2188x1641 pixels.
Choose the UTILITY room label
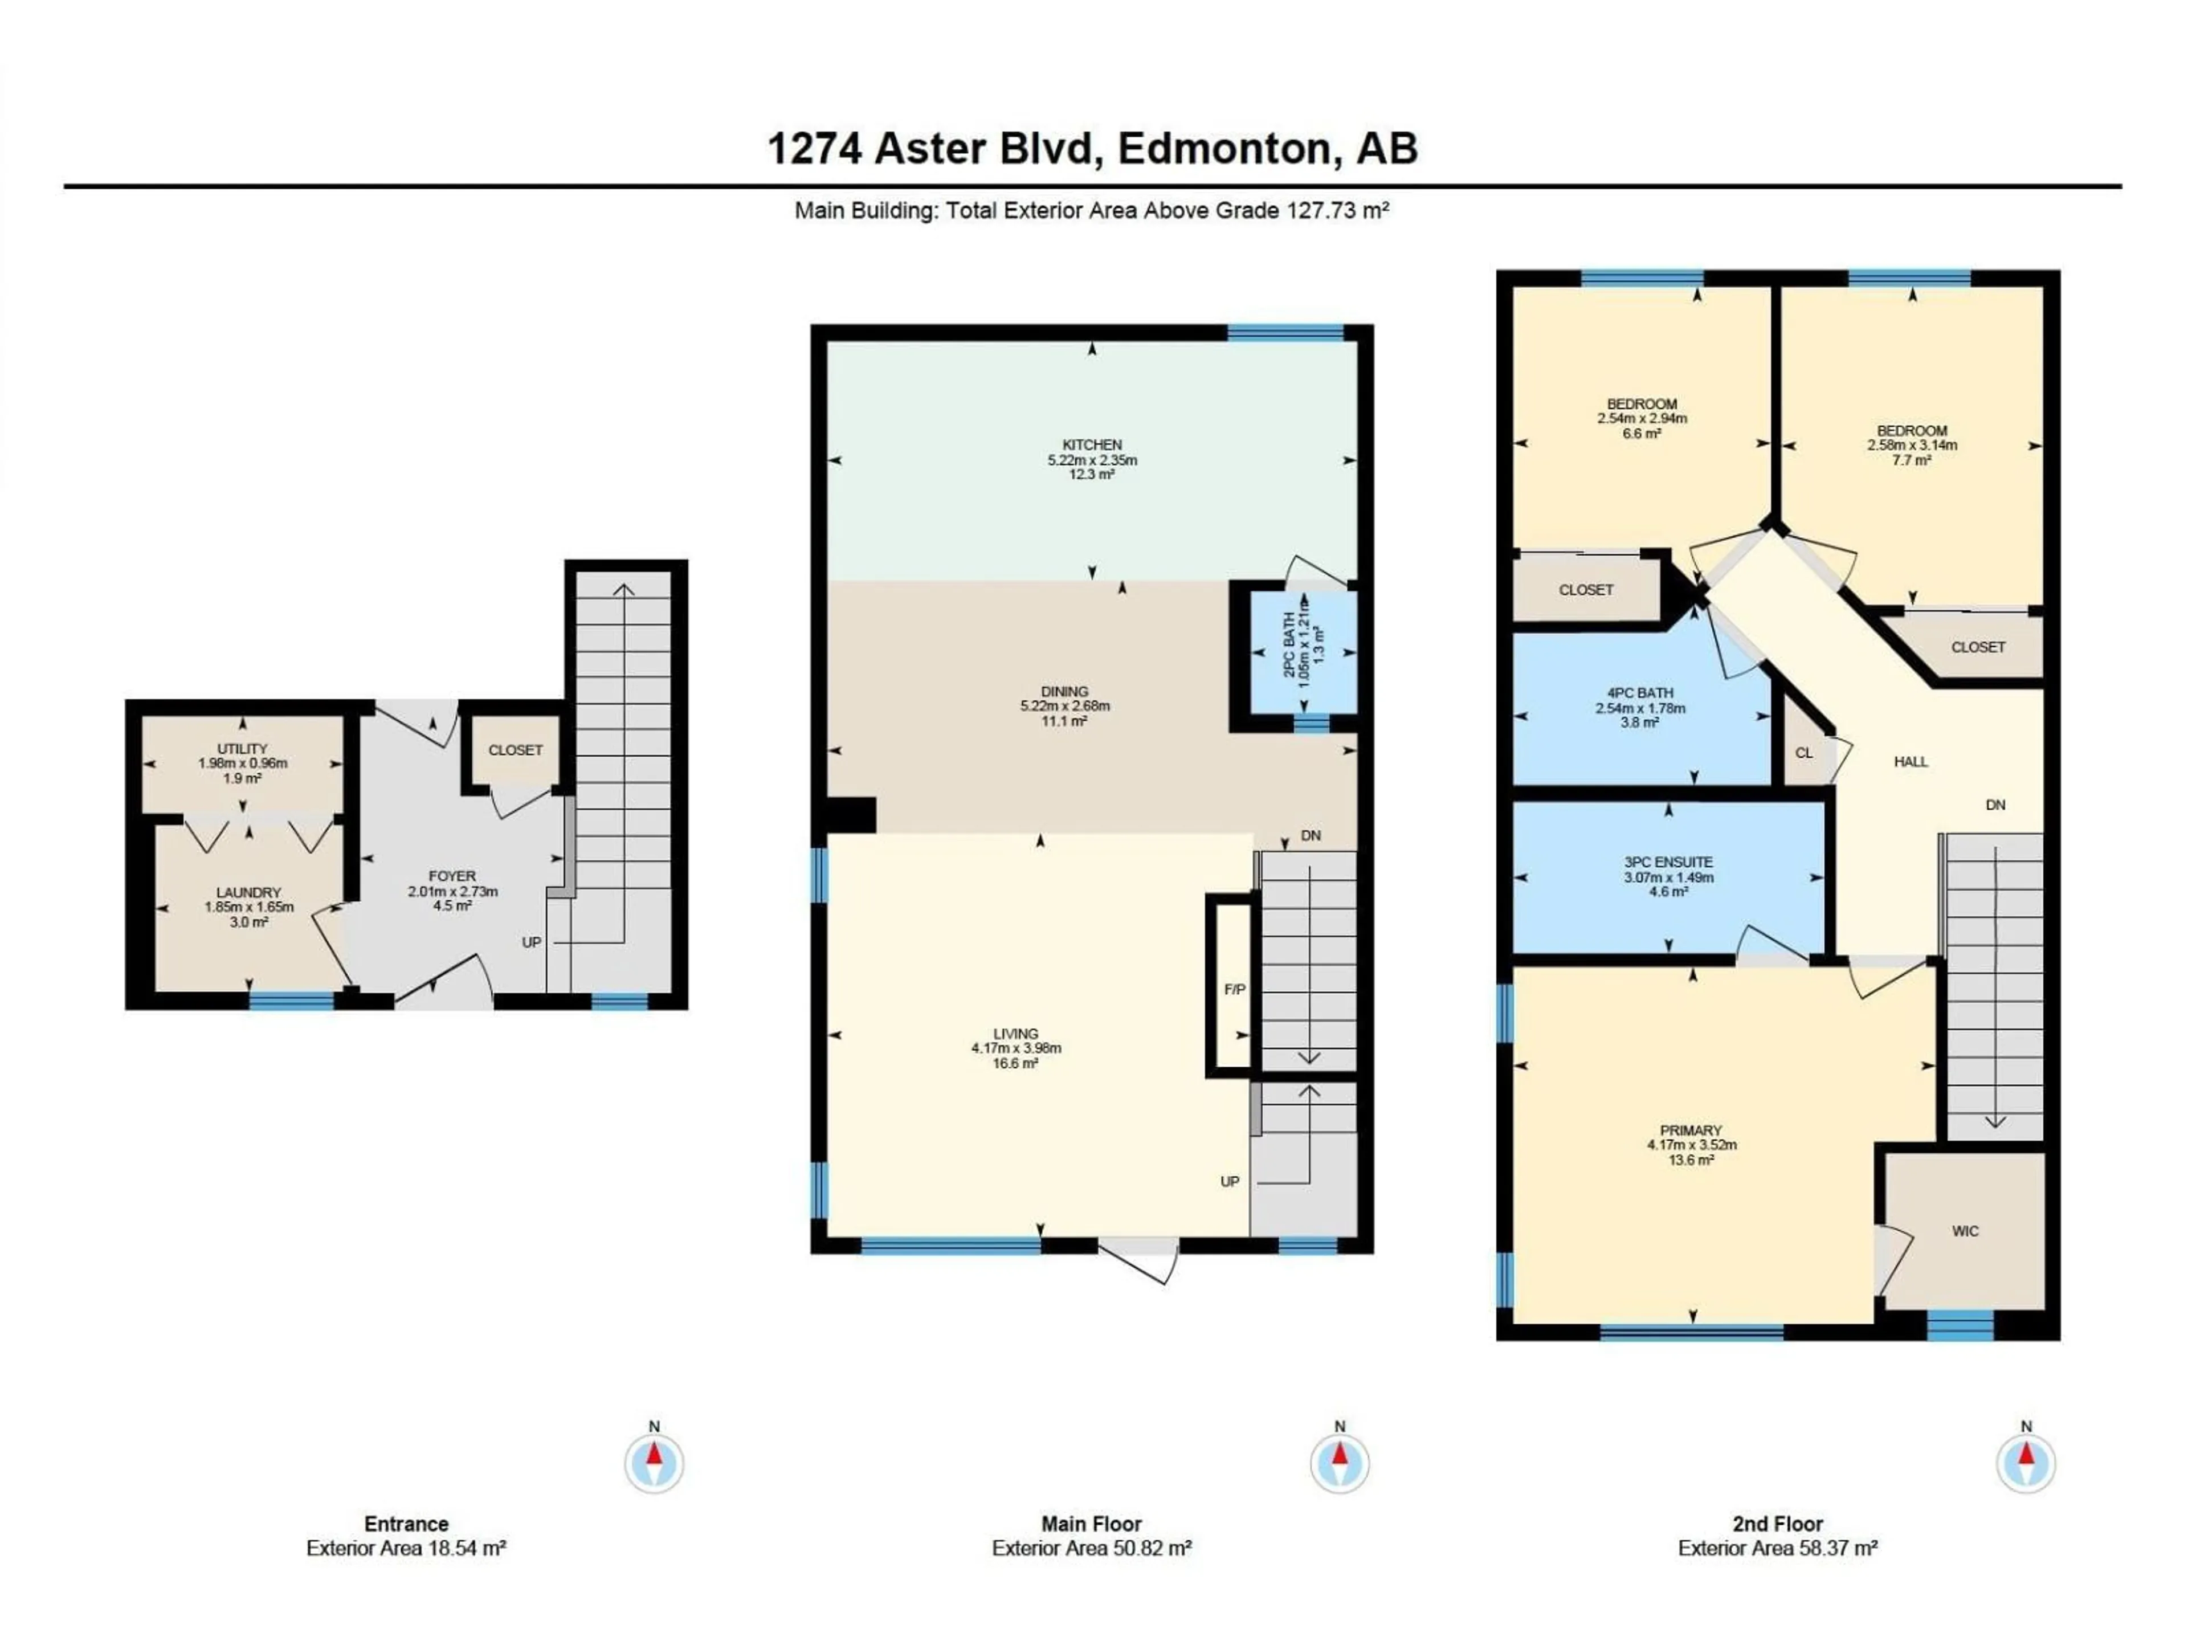tap(242, 749)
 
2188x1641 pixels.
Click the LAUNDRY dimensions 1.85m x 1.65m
tap(249, 907)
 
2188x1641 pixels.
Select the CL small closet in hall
tap(1804, 753)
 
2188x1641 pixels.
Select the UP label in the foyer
tap(531, 942)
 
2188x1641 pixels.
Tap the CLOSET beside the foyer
tap(515, 750)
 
